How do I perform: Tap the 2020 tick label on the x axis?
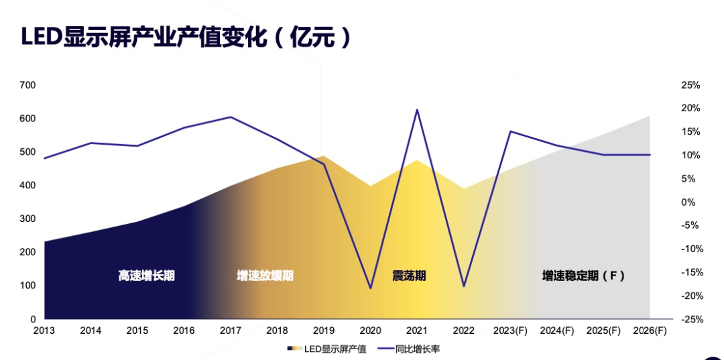click(370, 331)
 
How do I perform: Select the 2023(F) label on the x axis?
click(510, 331)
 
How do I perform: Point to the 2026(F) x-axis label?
click(650, 331)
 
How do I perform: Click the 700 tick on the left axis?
click(27, 85)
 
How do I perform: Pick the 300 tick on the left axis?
click(27, 219)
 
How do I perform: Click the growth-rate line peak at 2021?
click(417, 110)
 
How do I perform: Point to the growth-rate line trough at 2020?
click(370, 288)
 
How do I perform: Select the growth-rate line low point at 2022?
click(463, 286)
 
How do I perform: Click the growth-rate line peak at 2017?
click(231, 117)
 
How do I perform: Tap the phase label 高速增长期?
click(146, 276)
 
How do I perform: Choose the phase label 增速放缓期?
click(265, 276)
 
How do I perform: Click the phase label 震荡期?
click(408, 276)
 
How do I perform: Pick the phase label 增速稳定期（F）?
click(583, 276)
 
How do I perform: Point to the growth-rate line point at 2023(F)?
click(510, 131)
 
